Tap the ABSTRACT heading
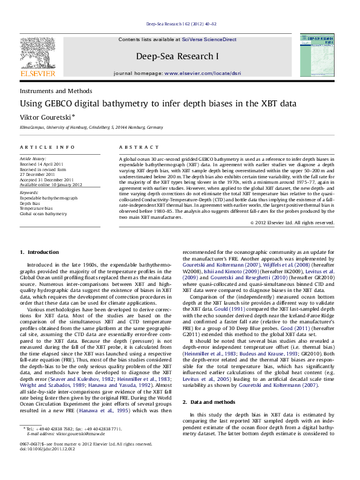tap(134, 148)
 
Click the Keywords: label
tap(30, 193)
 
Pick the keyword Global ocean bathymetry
tap(44, 213)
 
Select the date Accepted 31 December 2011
tap(47, 179)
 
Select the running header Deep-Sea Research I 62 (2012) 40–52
tap(180, 25)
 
